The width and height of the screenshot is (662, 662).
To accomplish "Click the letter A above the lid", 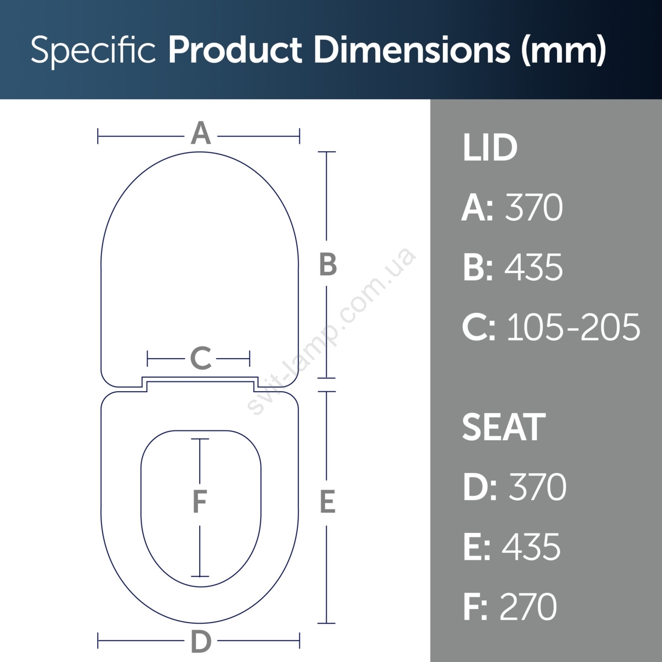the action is pyautogui.click(x=201, y=133).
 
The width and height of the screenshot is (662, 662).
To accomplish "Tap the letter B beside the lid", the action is pyautogui.click(x=328, y=265).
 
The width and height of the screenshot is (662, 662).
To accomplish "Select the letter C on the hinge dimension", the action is pyautogui.click(x=201, y=358).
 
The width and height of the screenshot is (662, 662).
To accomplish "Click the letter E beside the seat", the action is pyautogui.click(x=327, y=502).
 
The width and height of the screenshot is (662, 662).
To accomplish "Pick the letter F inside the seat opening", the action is pyautogui.click(x=200, y=501).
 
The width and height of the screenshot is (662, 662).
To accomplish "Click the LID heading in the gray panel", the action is pyautogui.click(x=489, y=148).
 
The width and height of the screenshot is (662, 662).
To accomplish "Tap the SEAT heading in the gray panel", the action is pyautogui.click(x=504, y=427).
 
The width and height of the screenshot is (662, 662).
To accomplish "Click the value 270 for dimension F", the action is pyautogui.click(x=528, y=606).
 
